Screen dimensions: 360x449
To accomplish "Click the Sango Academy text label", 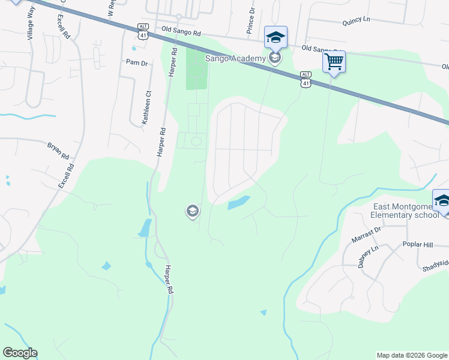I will [235, 58].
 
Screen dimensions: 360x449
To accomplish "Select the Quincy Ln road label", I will [356, 20].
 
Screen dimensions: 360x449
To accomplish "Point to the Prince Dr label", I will [250, 25].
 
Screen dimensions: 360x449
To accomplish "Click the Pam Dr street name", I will [137, 62].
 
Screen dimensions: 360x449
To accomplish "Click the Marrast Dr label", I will [367, 235].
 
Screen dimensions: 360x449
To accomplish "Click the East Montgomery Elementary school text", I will [405, 211].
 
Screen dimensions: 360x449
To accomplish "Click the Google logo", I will [20, 353].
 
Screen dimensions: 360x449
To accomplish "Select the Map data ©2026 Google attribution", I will [412, 355].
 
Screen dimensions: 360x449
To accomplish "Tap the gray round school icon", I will [192, 211].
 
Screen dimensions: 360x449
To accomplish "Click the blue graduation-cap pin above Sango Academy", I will [276, 37].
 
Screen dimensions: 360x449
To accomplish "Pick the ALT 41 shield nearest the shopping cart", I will [306, 79].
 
